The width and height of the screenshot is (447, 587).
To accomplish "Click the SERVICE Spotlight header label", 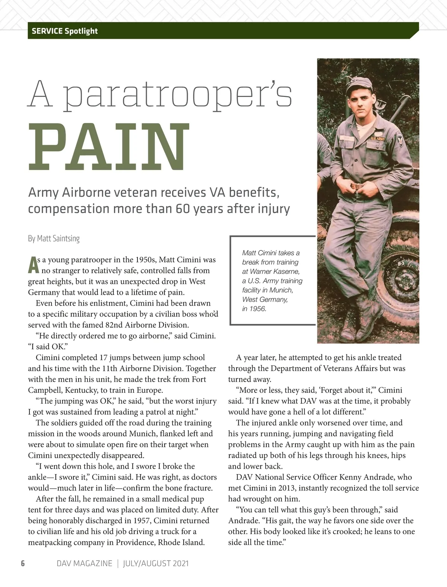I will pyautogui.click(x=64, y=31).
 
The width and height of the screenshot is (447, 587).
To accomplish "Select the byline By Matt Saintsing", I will pyautogui.click(x=54, y=238).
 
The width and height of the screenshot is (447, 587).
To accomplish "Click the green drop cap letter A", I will pyautogui.click(x=33, y=264).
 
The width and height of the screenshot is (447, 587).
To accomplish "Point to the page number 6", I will pyautogui.click(x=23, y=563).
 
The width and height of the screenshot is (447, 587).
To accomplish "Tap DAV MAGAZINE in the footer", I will pyautogui.click(x=84, y=563).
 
